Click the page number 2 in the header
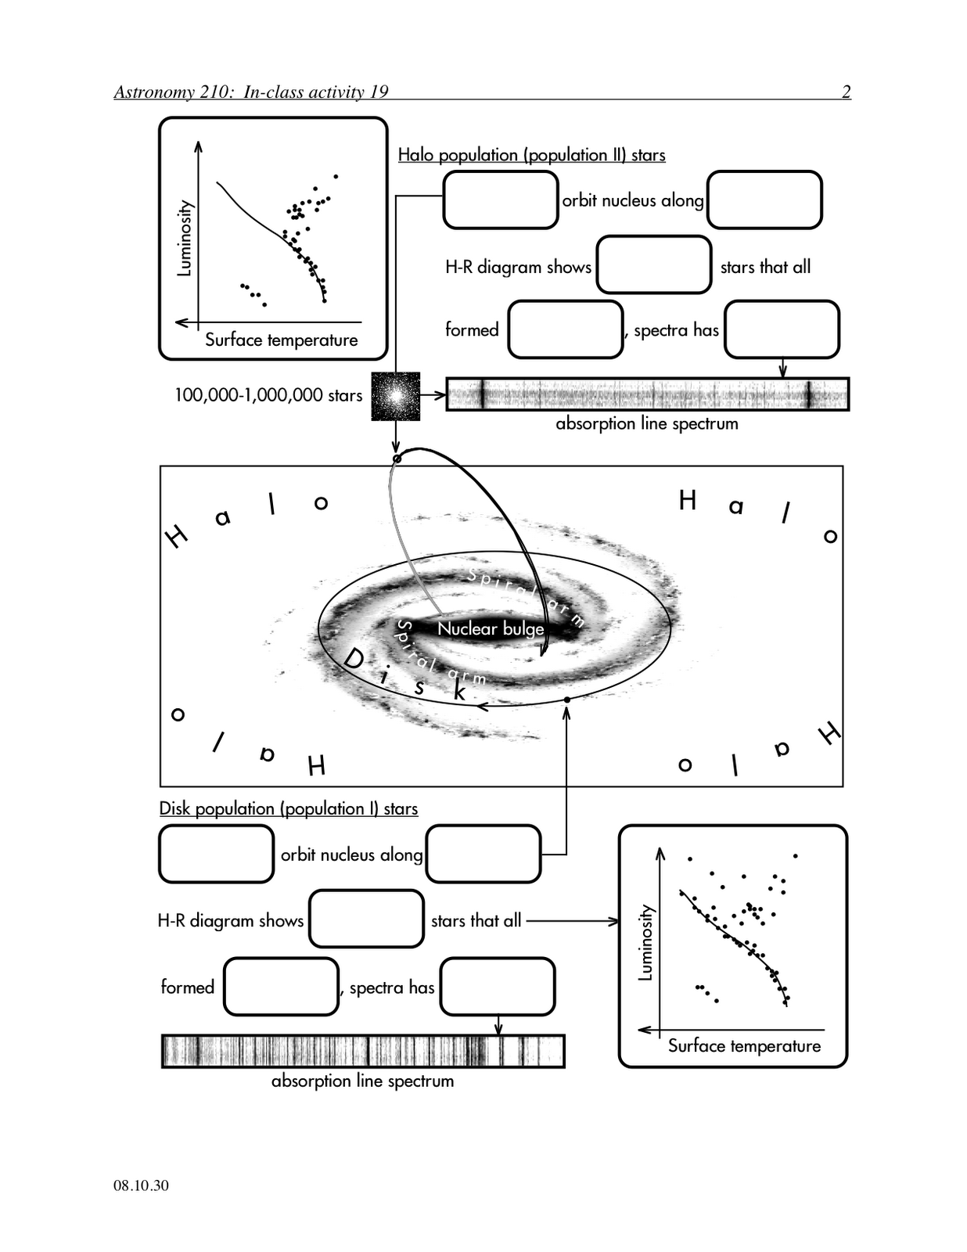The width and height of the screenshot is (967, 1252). pyautogui.click(x=846, y=92)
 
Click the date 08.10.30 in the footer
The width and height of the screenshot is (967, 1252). pyautogui.click(x=141, y=1185)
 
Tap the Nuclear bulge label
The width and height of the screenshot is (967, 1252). pyautogui.click(x=491, y=628)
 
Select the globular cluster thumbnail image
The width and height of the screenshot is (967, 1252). pyautogui.click(x=396, y=397)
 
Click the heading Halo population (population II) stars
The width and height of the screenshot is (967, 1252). pyautogui.click(x=531, y=155)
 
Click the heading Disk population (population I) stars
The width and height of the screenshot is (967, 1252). pyautogui.click(x=289, y=809)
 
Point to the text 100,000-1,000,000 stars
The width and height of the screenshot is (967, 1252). pyautogui.click(x=268, y=395)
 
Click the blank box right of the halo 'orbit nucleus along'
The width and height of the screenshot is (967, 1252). pyautogui.click(x=764, y=200)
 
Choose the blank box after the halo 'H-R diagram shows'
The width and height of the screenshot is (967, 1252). pyautogui.click(x=654, y=264)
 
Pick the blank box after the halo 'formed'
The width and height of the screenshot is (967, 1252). pyautogui.click(x=566, y=329)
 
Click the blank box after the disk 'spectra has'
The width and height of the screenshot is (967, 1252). pyautogui.click(x=498, y=987)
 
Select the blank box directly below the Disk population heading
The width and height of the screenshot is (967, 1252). pyautogui.click(x=217, y=854)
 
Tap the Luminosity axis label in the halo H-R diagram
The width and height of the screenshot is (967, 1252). pyautogui.click(x=185, y=239)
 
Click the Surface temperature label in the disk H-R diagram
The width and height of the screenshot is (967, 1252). pyautogui.click(x=744, y=1045)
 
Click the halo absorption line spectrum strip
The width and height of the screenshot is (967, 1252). pyautogui.click(x=647, y=394)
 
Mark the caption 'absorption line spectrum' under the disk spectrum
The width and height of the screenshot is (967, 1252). pyautogui.click(x=362, y=1081)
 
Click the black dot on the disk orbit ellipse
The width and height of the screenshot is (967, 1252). pyautogui.click(x=566, y=700)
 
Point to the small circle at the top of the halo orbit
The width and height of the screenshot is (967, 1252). pyautogui.click(x=396, y=459)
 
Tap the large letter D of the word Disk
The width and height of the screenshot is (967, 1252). pyautogui.click(x=354, y=659)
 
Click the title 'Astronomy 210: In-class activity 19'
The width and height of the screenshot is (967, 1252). pyautogui.click(x=251, y=92)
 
